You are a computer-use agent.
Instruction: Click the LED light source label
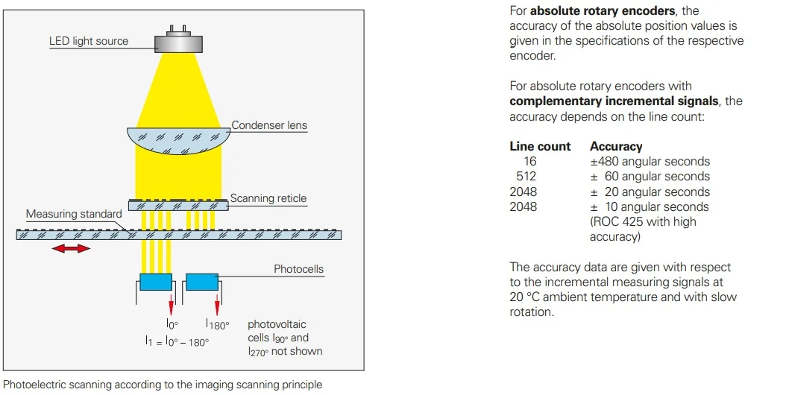(x=89, y=41)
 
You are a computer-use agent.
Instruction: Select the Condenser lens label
(x=269, y=125)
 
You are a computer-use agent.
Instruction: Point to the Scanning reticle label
(x=268, y=198)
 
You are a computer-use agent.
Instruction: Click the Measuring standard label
(x=74, y=215)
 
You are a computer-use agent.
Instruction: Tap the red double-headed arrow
(x=71, y=249)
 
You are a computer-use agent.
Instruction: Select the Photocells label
(x=298, y=268)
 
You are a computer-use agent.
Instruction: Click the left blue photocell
(x=156, y=282)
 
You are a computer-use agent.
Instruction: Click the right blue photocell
(x=201, y=282)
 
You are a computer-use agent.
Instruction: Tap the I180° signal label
(x=217, y=325)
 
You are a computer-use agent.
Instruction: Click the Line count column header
(x=540, y=147)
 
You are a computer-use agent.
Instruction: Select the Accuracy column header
(x=616, y=147)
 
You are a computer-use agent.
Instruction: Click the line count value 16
(x=529, y=162)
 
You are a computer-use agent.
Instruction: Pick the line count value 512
(x=526, y=177)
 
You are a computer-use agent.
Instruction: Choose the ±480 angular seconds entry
(x=650, y=162)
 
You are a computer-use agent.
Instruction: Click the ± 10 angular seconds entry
(x=650, y=207)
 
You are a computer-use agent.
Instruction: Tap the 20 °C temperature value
(x=526, y=297)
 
